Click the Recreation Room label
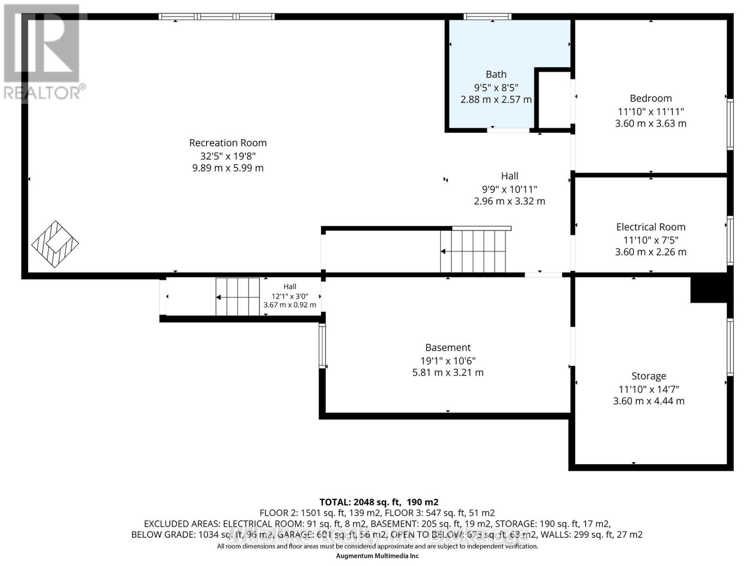(228, 143)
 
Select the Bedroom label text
(651, 99)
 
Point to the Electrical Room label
(651, 227)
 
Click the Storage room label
(649, 376)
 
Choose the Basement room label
(448, 348)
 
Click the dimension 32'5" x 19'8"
(228, 156)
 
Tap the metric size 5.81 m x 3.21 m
(448, 373)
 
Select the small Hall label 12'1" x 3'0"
(290, 296)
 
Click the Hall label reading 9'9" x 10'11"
(510, 189)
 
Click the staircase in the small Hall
(238, 297)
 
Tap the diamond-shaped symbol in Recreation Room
(55, 244)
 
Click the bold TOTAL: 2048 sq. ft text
(379, 502)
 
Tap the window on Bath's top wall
(487, 17)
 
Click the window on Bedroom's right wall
(730, 124)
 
